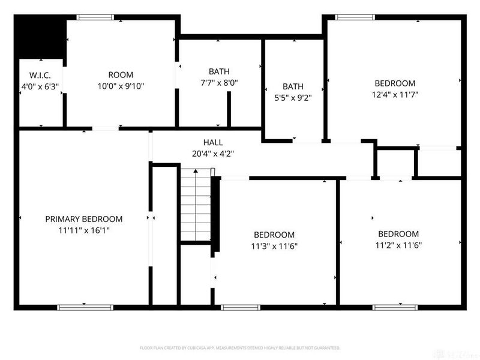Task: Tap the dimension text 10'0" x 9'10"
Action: (x=121, y=86)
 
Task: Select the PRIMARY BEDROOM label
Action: (x=84, y=219)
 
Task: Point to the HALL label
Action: (x=213, y=143)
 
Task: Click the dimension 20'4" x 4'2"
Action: (x=213, y=153)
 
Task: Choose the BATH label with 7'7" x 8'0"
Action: (x=219, y=71)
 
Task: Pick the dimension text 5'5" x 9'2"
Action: (x=293, y=97)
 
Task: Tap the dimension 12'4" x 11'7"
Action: (x=395, y=94)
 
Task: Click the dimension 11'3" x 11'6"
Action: (x=274, y=245)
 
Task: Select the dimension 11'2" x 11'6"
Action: (x=398, y=245)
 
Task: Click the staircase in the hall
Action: (x=196, y=205)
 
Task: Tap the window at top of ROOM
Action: (x=96, y=17)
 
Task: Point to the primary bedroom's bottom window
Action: (x=77, y=308)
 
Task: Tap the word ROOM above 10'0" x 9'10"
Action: (x=121, y=75)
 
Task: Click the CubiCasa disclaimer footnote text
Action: (x=240, y=348)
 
